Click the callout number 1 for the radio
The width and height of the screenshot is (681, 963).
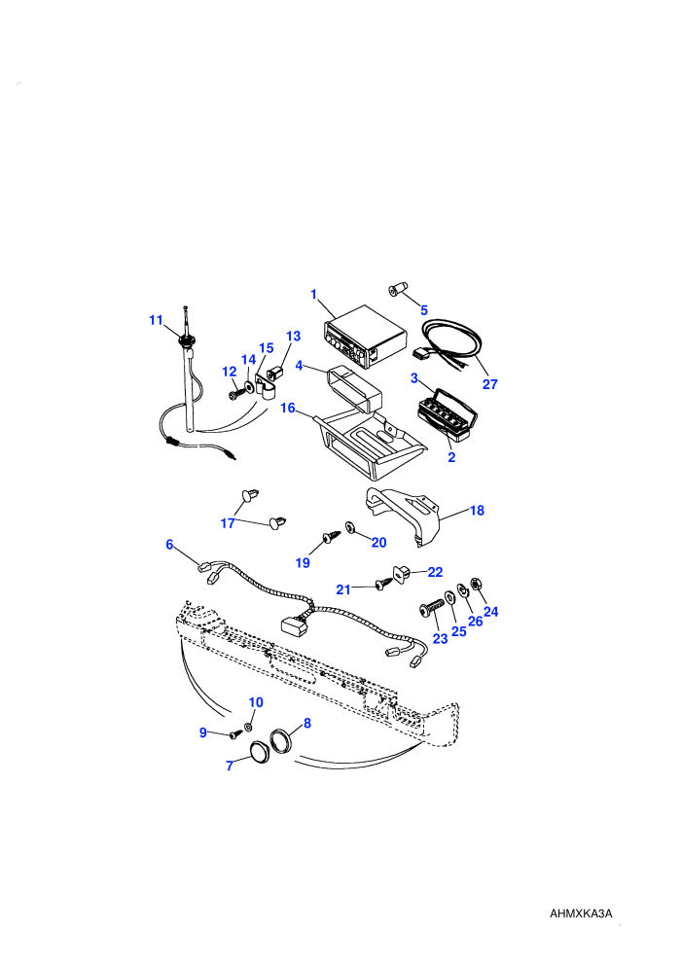314,295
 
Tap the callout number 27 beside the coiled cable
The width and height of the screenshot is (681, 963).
489,384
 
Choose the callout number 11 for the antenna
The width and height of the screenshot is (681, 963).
156,320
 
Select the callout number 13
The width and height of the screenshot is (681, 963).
294,336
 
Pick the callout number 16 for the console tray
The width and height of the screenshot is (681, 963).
288,408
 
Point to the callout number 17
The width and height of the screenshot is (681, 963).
228,523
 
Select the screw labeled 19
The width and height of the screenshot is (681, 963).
332,538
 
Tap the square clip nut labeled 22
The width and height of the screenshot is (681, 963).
401,574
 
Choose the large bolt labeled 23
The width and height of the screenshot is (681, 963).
431,609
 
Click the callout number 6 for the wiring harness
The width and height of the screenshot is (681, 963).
169,544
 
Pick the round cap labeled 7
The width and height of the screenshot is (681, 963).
261,752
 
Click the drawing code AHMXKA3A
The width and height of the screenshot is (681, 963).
581,913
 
